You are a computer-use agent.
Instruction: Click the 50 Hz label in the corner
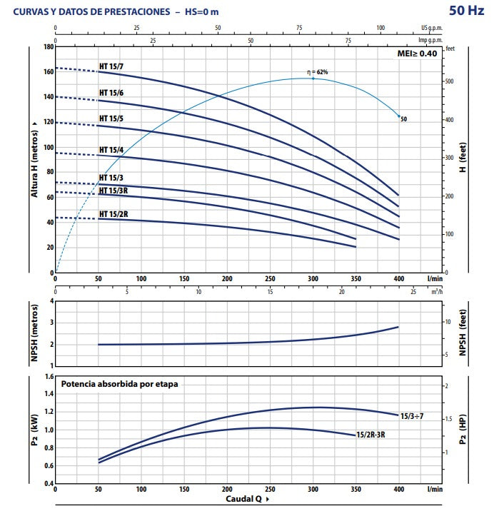tap(468, 10)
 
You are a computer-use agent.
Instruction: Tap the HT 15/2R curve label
tap(114, 213)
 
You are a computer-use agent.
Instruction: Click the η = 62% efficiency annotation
tap(317, 72)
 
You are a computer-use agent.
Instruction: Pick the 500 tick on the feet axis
tap(450, 81)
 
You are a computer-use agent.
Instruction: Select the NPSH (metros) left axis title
tap(34, 333)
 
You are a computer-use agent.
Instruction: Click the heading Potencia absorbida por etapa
tap(119, 384)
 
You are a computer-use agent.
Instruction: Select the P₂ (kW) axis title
tap(34, 430)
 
